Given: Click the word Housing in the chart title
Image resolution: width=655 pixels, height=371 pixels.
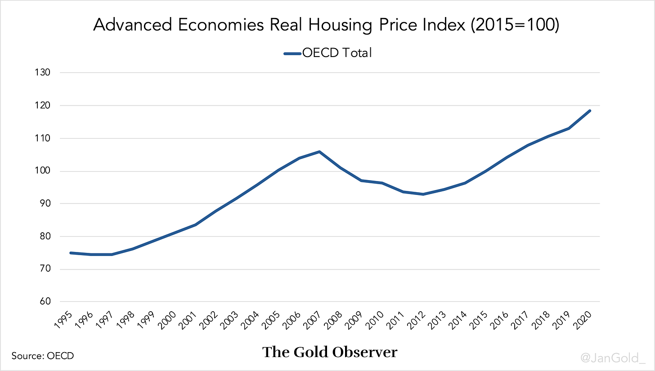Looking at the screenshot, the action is click(x=340, y=25).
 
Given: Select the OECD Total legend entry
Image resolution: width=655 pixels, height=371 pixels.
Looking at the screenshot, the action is click(x=328, y=53).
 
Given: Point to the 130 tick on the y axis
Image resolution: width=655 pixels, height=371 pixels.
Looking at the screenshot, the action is click(x=43, y=72).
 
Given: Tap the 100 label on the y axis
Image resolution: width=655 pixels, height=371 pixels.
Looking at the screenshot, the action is click(x=43, y=171).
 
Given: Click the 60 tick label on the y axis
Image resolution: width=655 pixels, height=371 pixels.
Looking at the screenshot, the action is click(x=45, y=301).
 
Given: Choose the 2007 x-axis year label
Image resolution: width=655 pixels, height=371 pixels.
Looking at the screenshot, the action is click(x=312, y=320).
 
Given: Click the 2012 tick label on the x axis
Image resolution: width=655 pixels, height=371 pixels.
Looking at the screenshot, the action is click(x=416, y=320).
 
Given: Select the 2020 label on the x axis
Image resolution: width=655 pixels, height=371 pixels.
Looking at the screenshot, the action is click(x=582, y=320).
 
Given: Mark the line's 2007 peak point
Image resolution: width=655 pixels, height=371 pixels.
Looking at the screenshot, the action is click(x=319, y=152).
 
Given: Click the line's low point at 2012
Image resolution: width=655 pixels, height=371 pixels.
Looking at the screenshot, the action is click(x=423, y=194).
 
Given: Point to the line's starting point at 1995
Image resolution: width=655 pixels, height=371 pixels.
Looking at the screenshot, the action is click(x=71, y=253).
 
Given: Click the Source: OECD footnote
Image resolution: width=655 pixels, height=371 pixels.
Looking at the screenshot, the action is click(x=43, y=356).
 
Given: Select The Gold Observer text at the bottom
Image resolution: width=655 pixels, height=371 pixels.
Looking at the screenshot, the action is click(x=330, y=352).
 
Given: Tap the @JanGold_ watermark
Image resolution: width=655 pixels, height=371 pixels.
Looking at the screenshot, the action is click(x=613, y=358).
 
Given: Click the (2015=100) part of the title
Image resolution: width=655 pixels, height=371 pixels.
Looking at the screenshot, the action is click(x=515, y=25).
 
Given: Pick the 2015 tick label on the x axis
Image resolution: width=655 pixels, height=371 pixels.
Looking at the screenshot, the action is click(x=478, y=320).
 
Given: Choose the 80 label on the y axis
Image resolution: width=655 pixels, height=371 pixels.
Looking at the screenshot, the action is click(x=45, y=236).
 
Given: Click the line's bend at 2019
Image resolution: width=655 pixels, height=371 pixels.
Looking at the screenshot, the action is click(x=569, y=128).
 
